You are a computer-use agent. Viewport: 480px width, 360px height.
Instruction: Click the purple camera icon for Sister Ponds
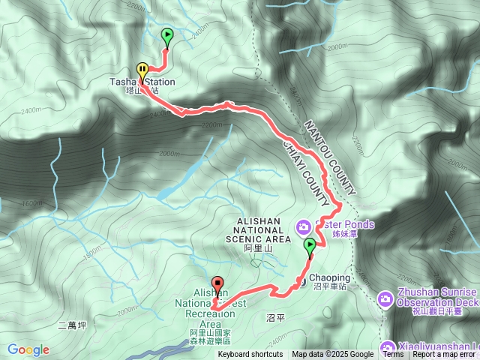[x=303, y=225]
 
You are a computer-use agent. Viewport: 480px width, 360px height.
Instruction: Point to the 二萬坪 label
[x=73, y=325]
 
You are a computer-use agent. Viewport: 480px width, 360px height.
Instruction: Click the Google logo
[x=28, y=349]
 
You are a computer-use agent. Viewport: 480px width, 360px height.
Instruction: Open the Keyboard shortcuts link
[x=250, y=355]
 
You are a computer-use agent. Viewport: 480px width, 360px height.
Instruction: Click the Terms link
[x=393, y=355]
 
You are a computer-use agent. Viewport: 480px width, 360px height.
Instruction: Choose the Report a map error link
[x=445, y=355]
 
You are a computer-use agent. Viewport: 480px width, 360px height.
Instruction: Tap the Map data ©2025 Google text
[x=333, y=355]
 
